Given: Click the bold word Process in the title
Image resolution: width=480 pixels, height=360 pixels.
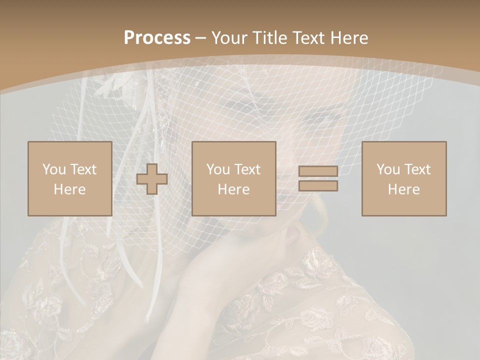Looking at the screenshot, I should (x=157, y=38).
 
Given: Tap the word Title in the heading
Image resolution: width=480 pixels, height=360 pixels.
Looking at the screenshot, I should (x=268, y=38).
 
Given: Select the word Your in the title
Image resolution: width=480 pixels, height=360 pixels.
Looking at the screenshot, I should (x=229, y=38).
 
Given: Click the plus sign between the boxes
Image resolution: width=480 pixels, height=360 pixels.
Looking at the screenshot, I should (x=152, y=178).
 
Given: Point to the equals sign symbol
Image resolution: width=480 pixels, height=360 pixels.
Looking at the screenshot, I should (x=318, y=178).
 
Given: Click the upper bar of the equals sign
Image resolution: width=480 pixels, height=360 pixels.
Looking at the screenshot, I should (x=318, y=171).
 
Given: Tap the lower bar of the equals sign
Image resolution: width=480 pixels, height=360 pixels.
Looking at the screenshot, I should (x=318, y=186).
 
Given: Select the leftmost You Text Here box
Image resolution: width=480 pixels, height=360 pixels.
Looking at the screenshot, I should (x=69, y=178).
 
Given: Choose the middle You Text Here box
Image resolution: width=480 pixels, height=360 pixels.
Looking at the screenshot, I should (x=234, y=178).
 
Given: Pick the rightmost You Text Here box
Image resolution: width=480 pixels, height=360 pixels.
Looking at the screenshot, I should (x=404, y=178).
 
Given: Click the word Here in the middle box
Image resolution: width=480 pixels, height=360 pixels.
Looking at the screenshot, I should (x=234, y=189).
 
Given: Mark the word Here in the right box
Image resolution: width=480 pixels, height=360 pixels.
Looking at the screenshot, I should (x=404, y=189).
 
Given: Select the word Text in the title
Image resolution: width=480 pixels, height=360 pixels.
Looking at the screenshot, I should (x=308, y=38).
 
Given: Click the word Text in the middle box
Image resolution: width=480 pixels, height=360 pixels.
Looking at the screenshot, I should (x=247, y=169).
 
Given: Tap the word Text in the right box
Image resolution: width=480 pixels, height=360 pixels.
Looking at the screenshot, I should (x=417, y=169).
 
